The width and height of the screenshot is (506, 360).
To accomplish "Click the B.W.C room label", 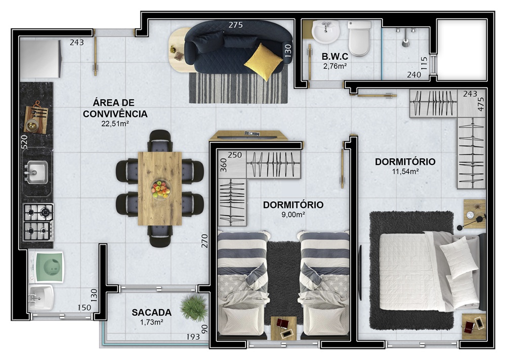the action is click(x=334, y=57).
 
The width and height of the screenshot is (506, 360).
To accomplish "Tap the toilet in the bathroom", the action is click(x=359, y=38).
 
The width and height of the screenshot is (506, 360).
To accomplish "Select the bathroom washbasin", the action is click(x=325, y=31).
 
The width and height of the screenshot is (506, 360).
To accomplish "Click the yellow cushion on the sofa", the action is click(x=263, y=62).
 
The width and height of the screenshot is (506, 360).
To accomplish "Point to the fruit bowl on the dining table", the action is click(x=160, y=189).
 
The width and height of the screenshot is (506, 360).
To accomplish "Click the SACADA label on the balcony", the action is click(x=151, y=312).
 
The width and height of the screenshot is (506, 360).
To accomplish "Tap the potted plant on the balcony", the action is click(x=194, y=308).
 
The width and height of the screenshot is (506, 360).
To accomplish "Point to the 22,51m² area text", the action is click(x=115, y=124).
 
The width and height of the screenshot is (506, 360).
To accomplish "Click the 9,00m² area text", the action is click(x=293, y=214).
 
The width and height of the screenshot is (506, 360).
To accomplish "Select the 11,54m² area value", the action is click(x=405, y=171).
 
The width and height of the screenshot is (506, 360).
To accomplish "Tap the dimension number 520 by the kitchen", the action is click(x=24, y=142).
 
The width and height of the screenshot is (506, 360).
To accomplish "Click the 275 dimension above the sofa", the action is click(x=236, y=25).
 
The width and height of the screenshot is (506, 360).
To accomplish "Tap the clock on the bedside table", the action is click(x=470, y=215).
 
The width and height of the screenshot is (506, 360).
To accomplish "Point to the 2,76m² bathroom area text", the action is click(x=334, y=66).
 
